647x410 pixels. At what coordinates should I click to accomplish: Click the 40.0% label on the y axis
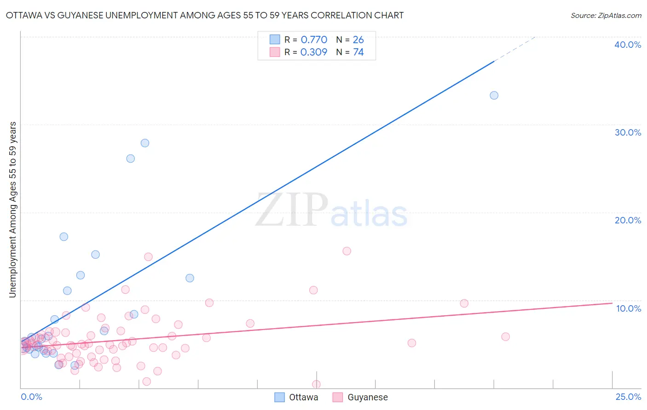click(628, 45)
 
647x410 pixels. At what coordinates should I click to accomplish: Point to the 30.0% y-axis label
click(628, 132)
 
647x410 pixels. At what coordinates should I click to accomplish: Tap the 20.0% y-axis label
click(628, 220)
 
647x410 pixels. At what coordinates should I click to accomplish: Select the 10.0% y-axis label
click(629, 308)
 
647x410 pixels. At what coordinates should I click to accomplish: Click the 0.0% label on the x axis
click(31, 397)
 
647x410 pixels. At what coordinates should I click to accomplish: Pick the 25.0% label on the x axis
click(628, 397)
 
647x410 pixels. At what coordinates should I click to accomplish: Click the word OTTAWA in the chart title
click(23, 15)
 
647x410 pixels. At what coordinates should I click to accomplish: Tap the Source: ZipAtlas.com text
click(606, 16)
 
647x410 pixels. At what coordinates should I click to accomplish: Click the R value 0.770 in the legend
click(314, 40)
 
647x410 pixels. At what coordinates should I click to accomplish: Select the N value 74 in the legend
click(358, 52)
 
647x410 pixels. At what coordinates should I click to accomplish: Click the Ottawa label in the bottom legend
click(303, 397)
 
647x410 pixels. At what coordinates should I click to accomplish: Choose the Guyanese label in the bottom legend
click(367, 397)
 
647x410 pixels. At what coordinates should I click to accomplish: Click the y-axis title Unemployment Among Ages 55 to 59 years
click(13, 210)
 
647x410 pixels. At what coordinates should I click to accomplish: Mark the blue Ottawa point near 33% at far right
click(494, 96)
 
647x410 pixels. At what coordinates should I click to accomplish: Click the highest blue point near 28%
click(145, 143)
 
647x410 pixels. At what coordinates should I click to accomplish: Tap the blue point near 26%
click(131, 159)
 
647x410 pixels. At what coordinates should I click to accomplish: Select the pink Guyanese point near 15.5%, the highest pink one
click(347, 251)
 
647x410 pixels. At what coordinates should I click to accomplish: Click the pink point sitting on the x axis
click(317, 384)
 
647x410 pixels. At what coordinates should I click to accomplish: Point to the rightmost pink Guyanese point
click(505, 337)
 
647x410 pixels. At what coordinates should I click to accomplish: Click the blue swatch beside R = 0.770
click(275, 40)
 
